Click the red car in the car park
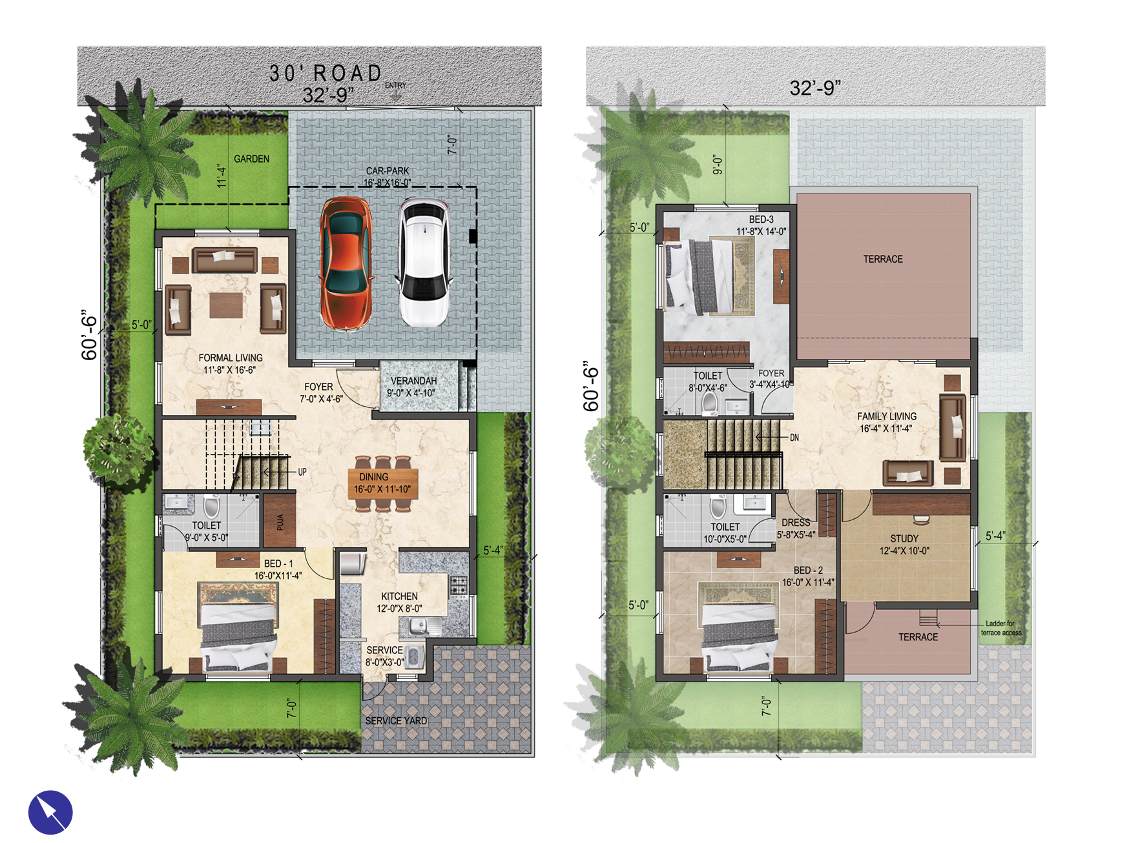(346, 263)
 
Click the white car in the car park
(423, 263)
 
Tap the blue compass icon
(50, 812)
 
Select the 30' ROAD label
(326, 73)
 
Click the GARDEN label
(251, 159)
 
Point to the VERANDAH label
(413, 381)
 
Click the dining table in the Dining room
(383, 483)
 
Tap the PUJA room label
(280, 522)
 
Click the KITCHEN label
(399, 596)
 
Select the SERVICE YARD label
(396, 721)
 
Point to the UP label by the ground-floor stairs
(302, 472)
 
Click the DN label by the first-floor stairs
(794, 438)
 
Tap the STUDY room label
(904, 538)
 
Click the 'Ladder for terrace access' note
(1000, 628)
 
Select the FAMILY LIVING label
(886, 416)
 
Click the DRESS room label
(796, 523)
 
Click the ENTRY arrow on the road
(395, 96)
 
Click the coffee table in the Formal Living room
(226, 305)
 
